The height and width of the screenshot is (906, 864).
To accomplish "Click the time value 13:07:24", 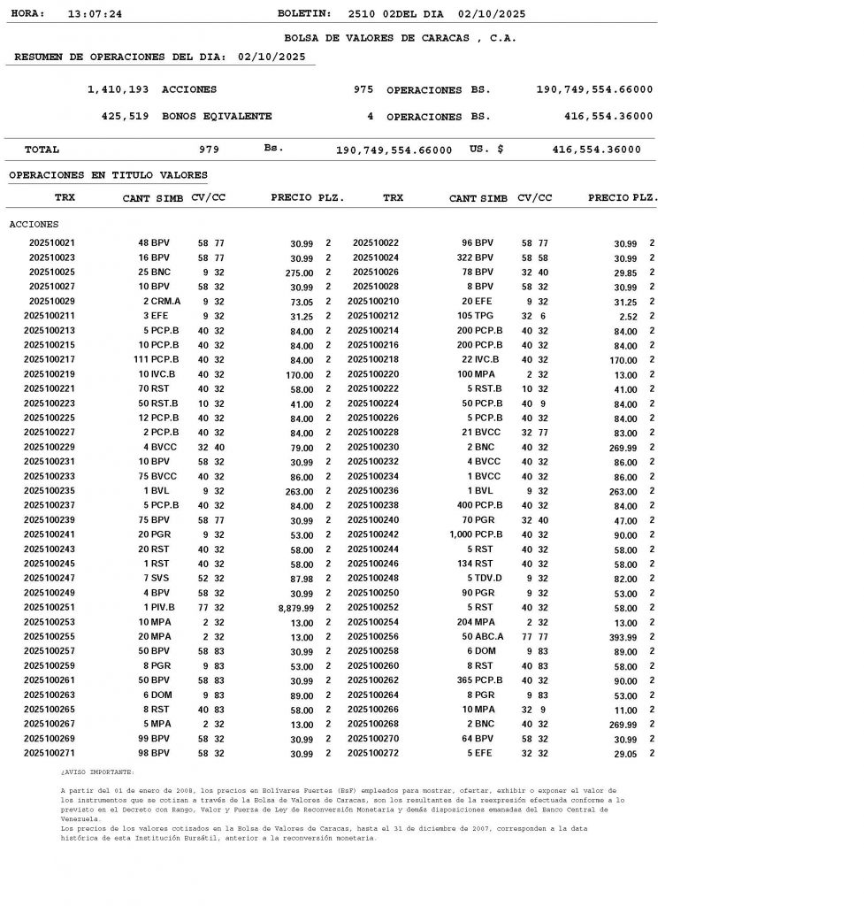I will coord(95,14).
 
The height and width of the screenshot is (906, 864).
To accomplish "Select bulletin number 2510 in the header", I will coord(362,14).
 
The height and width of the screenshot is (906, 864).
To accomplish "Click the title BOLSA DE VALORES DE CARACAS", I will coord(400,38).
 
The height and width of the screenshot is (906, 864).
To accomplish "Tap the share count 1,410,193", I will coord(118,89).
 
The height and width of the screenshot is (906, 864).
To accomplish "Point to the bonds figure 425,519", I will coord(126,116).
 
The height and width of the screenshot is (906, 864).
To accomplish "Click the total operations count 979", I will coord(210,150).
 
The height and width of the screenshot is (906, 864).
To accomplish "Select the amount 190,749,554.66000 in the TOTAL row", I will coord(394,150).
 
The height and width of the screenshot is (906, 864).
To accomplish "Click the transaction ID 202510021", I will coord(52,242).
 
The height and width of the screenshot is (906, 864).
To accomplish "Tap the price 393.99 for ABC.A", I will coord(618,638).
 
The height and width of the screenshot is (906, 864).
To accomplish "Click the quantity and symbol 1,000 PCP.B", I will coord(476,535).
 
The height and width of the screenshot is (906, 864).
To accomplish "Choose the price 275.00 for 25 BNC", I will coord(298,273).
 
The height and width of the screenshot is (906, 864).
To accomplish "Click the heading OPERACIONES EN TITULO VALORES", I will coord(108,175).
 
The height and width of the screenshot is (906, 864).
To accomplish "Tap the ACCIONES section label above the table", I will coord(34,225).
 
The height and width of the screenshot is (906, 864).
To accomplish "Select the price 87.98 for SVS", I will coord(301,580).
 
